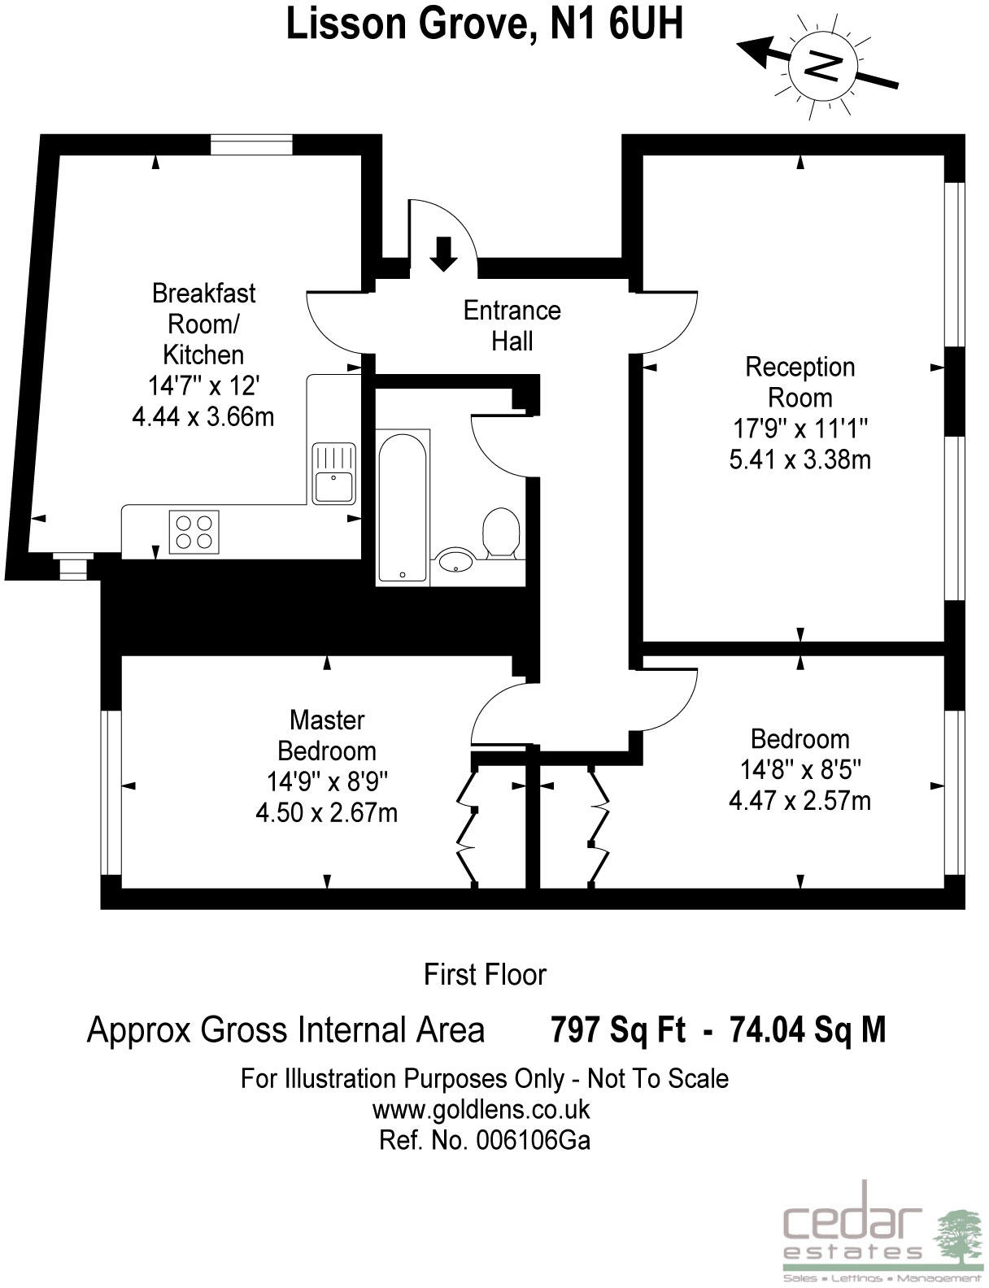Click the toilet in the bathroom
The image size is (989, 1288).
501,533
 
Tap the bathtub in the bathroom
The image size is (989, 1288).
403,507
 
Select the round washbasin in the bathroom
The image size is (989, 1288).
455,559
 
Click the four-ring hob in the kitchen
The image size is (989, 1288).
194,532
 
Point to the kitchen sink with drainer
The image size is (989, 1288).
334,473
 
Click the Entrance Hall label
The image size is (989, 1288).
512,325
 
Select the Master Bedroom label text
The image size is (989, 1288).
327,736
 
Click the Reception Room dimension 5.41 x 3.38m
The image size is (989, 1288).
800,459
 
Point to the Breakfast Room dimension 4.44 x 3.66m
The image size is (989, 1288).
203,416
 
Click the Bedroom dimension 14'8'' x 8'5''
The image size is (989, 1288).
800,770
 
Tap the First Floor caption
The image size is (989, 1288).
485,975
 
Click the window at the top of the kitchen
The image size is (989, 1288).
252,145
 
